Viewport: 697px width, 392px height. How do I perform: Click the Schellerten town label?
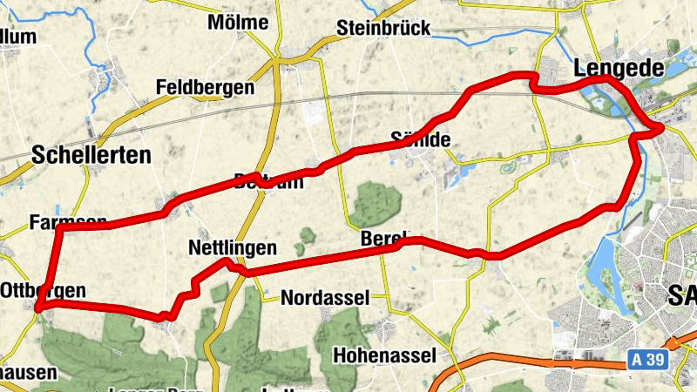(91, 155)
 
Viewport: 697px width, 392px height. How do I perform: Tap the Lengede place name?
(619, 68)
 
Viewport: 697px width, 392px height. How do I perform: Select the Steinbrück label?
(383, 29)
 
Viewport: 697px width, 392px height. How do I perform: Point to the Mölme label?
(238, 23)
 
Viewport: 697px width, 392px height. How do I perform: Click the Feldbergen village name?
(205, 88)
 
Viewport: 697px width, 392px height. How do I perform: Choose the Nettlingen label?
(232, 248)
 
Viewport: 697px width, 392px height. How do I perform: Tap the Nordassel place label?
(325, 297)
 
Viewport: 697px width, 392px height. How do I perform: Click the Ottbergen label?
(44, 290)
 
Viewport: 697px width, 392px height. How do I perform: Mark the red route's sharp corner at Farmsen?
(58, 229)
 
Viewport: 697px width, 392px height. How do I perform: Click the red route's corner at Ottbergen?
(39, 304)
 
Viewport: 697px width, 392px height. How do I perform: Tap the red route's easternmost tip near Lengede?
(662, 128)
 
